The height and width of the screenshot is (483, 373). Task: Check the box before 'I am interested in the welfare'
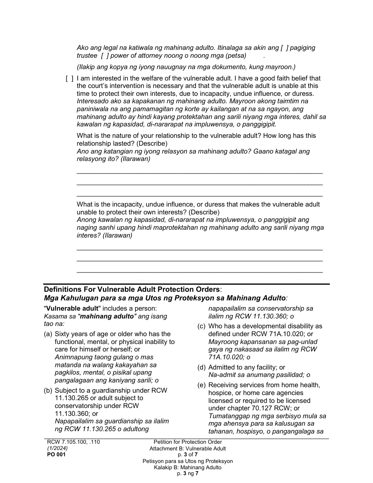tap(69, 78)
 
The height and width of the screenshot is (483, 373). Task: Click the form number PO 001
tap(56, 454)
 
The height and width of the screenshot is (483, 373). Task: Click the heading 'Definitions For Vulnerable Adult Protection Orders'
tap(132, 289)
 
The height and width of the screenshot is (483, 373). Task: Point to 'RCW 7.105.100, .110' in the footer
tap(73, 442)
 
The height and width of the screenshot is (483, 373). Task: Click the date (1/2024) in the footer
tap(57, 448)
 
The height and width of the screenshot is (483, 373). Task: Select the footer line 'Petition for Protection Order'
tap(188, 442)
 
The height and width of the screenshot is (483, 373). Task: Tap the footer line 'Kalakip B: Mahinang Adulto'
tap(188, 467)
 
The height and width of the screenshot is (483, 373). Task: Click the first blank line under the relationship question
tap(199, 172)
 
